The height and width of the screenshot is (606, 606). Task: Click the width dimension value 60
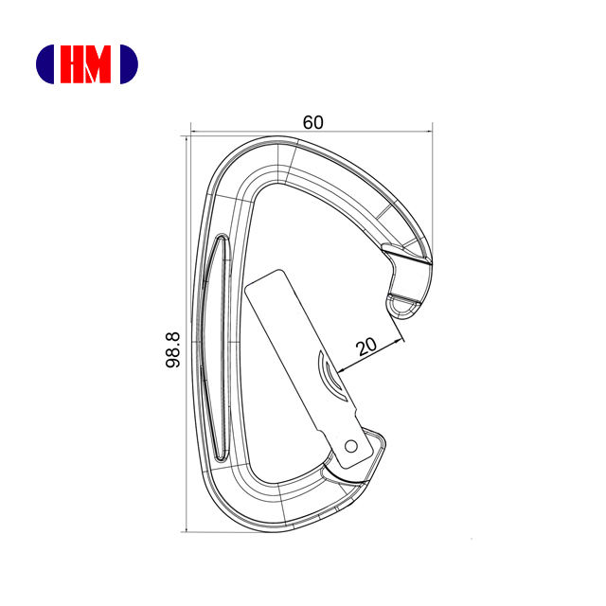pos(312,122)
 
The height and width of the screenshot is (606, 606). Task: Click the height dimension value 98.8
pos(172,349)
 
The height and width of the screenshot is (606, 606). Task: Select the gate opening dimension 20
pos(366,347)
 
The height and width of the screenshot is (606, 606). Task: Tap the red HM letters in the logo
pos(85,64)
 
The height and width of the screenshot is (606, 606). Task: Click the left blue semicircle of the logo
pos(45,64)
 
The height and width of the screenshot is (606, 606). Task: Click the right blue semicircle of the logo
pos(129,64)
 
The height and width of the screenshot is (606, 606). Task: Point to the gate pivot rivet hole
pos(350,446)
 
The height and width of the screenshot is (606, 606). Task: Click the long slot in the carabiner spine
pos(222,348)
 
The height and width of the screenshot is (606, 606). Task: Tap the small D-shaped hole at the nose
pos(403,307)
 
